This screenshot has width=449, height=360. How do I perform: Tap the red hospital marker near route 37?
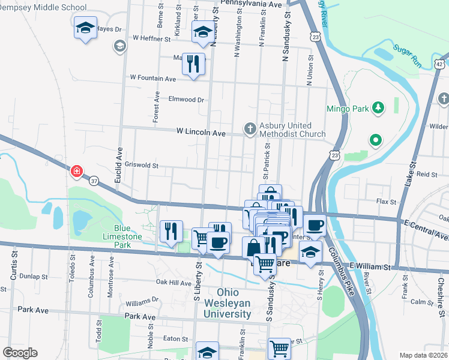coord(77,172)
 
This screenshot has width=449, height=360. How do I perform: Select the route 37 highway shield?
coord(94,180)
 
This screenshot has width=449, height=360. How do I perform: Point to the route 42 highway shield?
coord(440,64)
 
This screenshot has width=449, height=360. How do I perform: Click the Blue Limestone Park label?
coord(131,236)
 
